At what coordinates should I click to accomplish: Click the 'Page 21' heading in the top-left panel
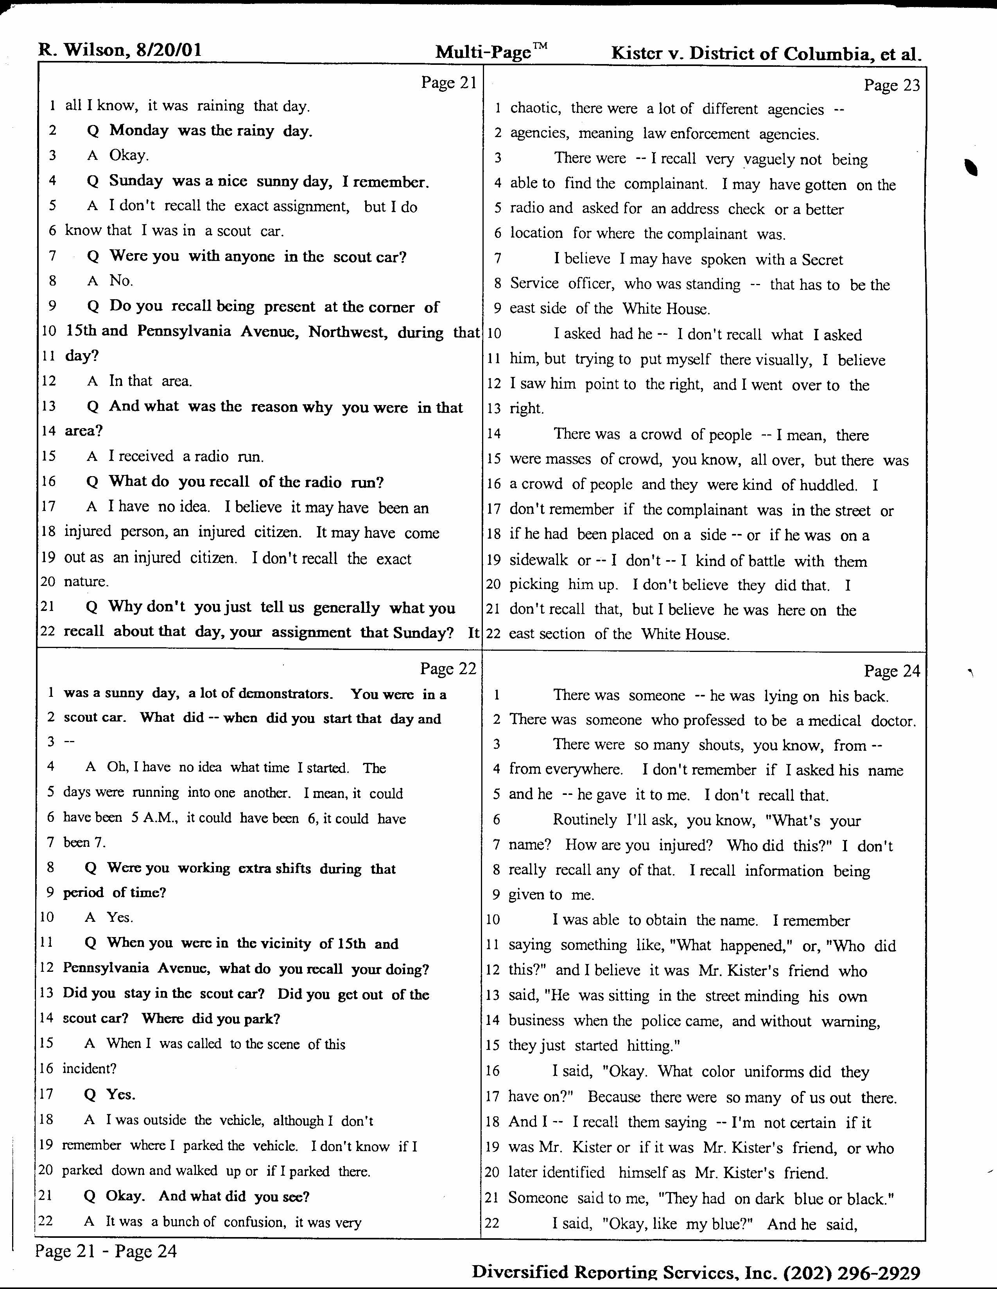pos(448,83)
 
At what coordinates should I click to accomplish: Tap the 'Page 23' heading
pos(891,85)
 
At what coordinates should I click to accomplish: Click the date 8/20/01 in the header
pos(169,50)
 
